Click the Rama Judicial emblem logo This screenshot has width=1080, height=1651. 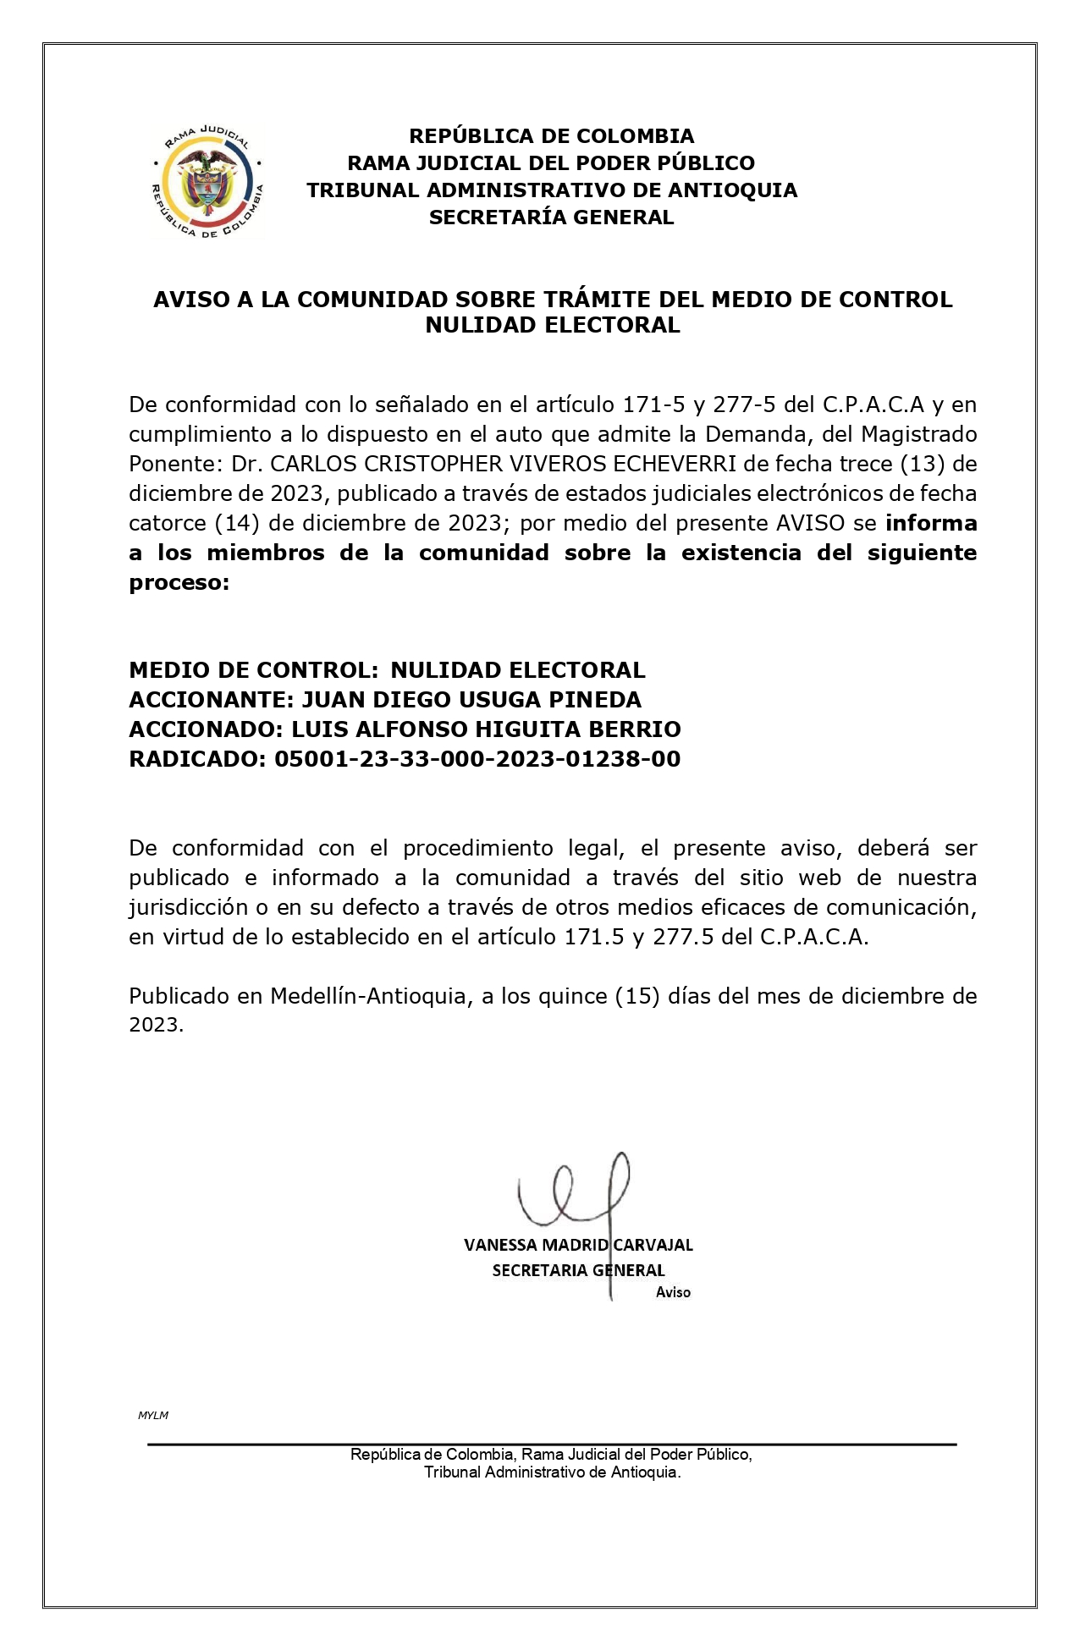(207, 181)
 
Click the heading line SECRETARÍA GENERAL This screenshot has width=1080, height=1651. (551, 217)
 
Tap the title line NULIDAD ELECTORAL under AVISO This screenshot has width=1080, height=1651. (552, 325)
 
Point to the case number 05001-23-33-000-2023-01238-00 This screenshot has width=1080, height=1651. (477, 759)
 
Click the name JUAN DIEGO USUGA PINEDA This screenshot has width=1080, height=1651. (471, 700)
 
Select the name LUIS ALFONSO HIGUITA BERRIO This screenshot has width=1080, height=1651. (486, 729)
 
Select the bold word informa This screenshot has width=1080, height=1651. (931, 523)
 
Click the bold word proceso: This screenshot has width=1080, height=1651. (179, 582)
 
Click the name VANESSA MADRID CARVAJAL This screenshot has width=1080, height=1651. (578, 1245)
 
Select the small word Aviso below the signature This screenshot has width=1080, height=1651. (673, 1292)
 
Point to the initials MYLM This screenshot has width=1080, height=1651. (153, 1415)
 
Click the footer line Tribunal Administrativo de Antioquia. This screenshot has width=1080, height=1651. (552, 1472)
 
